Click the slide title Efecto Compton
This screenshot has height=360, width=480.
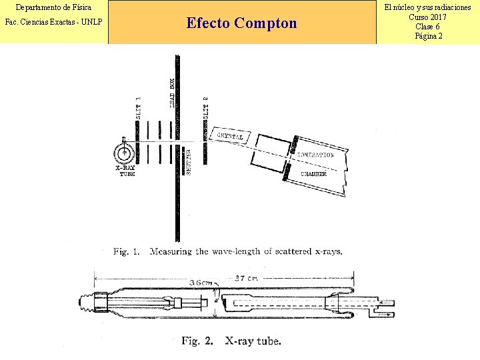point(241,23)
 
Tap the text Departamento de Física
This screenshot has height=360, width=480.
point(53,7)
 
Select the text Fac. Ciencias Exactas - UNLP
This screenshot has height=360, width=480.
point(53,22)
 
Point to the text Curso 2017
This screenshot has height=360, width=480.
point(428,17)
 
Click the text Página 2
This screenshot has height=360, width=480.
point(428,35)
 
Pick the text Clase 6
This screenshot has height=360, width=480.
point(428,26)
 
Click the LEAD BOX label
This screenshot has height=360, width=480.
point(172,93)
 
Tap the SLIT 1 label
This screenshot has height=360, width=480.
point(139,107)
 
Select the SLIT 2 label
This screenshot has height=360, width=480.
point(205,107)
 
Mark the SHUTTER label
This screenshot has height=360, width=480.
point(189,162)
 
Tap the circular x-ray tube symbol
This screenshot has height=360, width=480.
point(124,153)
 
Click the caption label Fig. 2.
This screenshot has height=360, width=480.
point(197,341)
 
